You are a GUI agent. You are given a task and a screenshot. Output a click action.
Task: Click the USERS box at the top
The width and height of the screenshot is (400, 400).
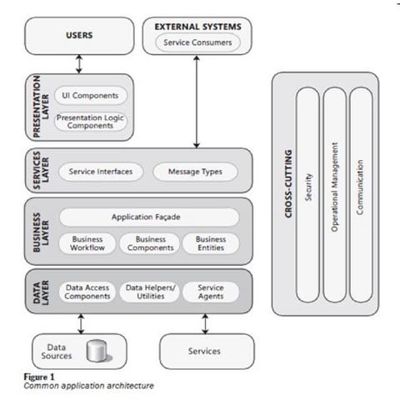point(79,36)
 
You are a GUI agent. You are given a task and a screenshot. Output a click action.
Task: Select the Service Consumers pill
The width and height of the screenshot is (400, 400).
point(197,42)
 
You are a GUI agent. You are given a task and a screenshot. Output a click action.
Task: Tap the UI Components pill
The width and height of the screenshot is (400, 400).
point(91,96)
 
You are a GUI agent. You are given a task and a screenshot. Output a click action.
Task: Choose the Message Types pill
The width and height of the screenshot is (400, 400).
point(194,172)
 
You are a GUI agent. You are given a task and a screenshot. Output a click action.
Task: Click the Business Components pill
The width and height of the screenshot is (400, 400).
point(151,242)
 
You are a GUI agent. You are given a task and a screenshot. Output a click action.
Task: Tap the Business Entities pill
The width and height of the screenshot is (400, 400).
point(211,242)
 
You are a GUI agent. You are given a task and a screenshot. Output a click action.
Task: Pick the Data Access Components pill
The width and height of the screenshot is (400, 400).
point(87,291)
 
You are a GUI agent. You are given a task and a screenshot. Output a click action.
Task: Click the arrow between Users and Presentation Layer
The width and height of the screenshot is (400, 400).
point(79,63)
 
